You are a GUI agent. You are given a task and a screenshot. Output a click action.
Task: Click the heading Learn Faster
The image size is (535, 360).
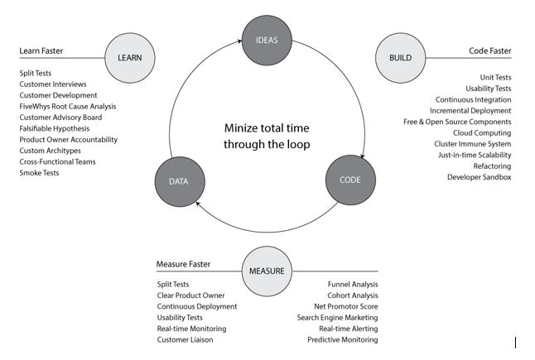41,51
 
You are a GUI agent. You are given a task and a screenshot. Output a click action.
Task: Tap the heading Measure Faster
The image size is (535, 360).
183,265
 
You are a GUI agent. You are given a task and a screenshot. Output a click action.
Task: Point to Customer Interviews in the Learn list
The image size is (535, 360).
53,84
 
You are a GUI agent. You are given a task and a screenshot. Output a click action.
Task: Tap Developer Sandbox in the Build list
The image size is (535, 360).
480,177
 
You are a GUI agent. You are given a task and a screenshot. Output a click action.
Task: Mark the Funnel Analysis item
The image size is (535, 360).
353,285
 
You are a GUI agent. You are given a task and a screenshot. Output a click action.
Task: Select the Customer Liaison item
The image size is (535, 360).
186,339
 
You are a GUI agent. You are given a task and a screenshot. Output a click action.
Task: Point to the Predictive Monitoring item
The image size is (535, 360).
343,339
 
